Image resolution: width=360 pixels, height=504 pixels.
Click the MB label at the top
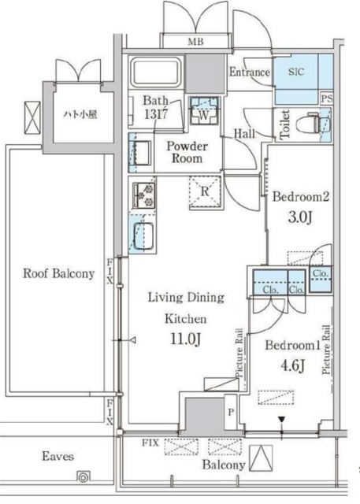coord(195,42)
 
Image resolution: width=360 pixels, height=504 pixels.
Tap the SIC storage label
coord(295,72)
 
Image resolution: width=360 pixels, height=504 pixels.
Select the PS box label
coord(327,99)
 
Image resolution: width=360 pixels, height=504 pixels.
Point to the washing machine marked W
coord(204,111)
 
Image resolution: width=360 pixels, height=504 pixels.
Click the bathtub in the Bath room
coord(156,72)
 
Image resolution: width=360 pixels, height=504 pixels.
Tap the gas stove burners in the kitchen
coord(144,195)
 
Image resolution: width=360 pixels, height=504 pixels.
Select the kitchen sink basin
coord(143,235)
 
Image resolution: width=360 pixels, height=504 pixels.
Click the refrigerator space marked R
coord(205,192)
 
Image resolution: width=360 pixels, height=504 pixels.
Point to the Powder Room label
coord(187,152)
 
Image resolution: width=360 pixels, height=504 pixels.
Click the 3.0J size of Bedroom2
coord(300,218)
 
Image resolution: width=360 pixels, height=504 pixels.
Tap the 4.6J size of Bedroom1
coord(292,365)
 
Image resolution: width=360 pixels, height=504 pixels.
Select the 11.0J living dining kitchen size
coord(186,339)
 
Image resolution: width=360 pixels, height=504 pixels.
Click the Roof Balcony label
coord(59,273)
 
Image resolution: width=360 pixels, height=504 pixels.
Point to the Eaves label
coord(58,457)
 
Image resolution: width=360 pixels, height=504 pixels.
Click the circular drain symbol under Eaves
coord(84,477)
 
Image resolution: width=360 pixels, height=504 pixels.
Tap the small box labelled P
coord(231,412)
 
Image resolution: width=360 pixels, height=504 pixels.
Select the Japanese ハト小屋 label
coord(80,114)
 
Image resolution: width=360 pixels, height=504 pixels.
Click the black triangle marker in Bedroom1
coord(282,420)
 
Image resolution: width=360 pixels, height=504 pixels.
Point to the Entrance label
coord(250,72)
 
